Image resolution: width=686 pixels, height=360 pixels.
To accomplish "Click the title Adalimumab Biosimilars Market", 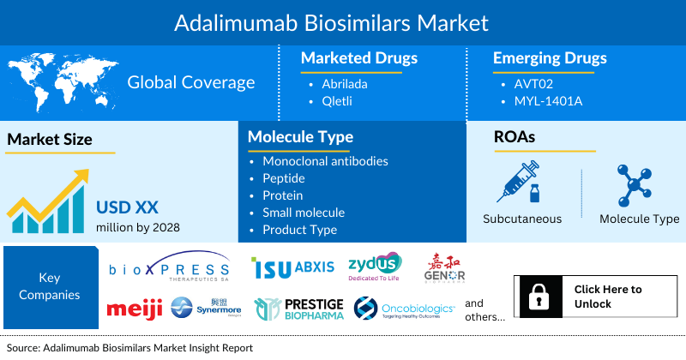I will (x=343, y=21).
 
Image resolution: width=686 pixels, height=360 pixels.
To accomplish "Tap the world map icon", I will (x=61, y=81).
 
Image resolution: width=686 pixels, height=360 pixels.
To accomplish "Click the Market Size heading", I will (x=50, y=139).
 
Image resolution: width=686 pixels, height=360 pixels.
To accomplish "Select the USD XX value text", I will (x=128, y=207).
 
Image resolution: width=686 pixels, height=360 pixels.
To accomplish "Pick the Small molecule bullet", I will (x=304, y=213).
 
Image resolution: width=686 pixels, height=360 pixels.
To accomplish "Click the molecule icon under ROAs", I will (x=639, y=185).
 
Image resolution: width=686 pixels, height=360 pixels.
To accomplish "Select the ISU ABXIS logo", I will (x=293, y=267).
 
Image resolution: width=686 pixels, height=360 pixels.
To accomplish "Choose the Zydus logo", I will (x=374, y=267).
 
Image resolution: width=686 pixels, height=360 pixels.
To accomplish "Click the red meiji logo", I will (x=135, y=309).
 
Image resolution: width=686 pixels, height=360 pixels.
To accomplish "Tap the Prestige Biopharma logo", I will (x=299, y=309).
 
